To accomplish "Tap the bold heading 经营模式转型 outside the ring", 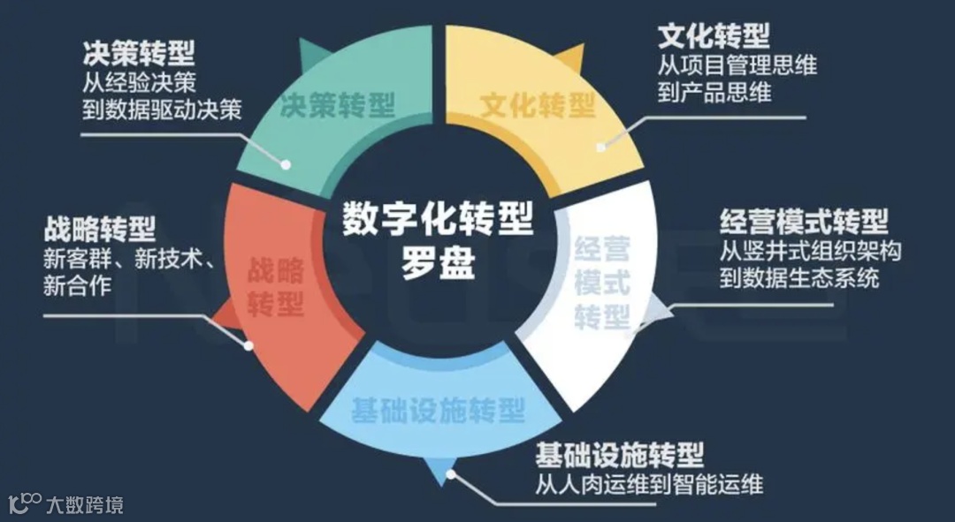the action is click(x=804, y=220).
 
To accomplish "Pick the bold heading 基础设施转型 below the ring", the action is click(x=619, y=456).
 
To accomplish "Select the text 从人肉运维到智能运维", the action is click(x=648, y=485).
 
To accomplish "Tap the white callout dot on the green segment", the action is click(x=286, y=163).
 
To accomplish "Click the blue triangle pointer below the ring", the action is click(x=439, y=474).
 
